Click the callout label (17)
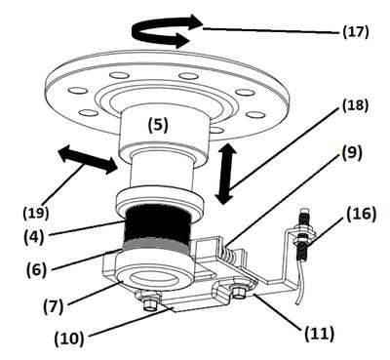pos(356,32)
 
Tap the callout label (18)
pos(355,105)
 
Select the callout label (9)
pos(351,153)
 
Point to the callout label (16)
pos(362,215)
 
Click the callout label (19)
pos(36,214)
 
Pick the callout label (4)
pos(33,238)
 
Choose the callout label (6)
pos(37,269)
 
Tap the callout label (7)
pos(54,307)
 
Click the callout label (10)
pos(69,339)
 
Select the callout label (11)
pos(320,334)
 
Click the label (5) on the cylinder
pos(158,125)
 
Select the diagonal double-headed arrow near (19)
pos(87,159)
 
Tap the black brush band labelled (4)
pos(157,224)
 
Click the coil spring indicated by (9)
pos(228,254)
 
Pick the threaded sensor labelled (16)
pos(303,233)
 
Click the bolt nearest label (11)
pos(240,293)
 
